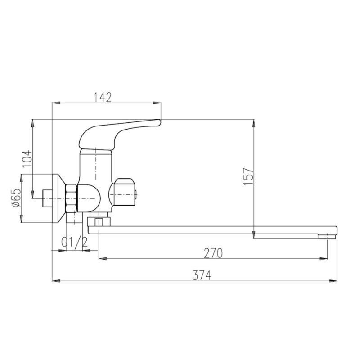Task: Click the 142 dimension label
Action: click(x=103, y=97)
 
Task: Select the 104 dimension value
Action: click(x=27, y=159)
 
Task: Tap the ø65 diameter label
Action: click(x=17, y=198)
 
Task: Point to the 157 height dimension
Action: click(x=249, y=176)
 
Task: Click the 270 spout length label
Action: click(x=213, y=253)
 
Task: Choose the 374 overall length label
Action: click(x=202, y=275)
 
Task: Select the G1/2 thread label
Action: click(x=75, y=242)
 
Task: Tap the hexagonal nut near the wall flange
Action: click(x=72, y=198)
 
